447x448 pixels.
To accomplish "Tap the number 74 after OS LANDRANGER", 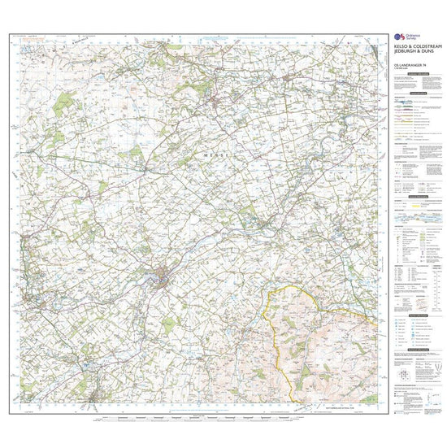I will coord(424,75).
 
